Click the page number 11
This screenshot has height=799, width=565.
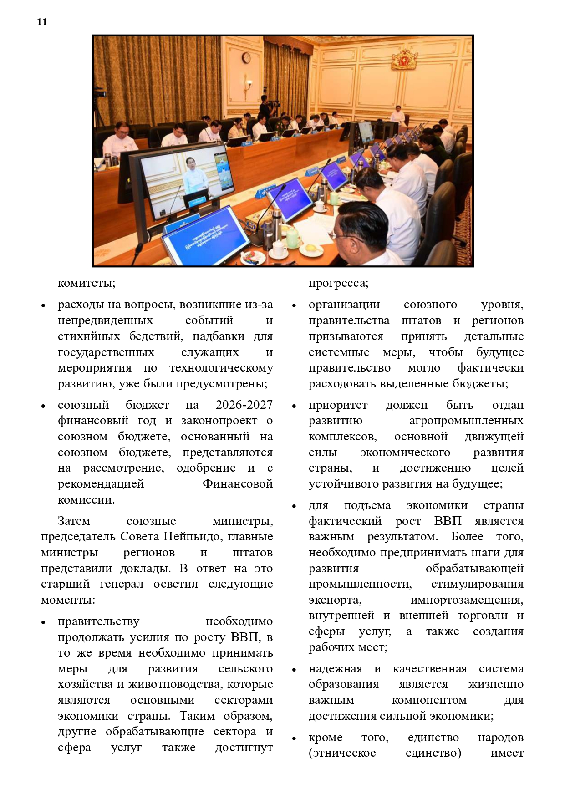42,22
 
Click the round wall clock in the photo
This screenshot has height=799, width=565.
246,58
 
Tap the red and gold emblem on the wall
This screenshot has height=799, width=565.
404,59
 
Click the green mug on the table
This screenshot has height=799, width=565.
293,235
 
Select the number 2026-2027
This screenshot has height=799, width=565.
244,405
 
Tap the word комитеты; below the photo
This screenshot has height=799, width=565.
87,283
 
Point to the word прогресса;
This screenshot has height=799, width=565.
338,283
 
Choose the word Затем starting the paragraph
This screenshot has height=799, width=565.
74,521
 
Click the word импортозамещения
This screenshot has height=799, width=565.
467,600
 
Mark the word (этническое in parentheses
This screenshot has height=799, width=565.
342,753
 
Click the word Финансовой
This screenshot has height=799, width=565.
237,483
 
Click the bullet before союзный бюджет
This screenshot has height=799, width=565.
43,406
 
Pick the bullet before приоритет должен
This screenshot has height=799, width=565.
294,406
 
